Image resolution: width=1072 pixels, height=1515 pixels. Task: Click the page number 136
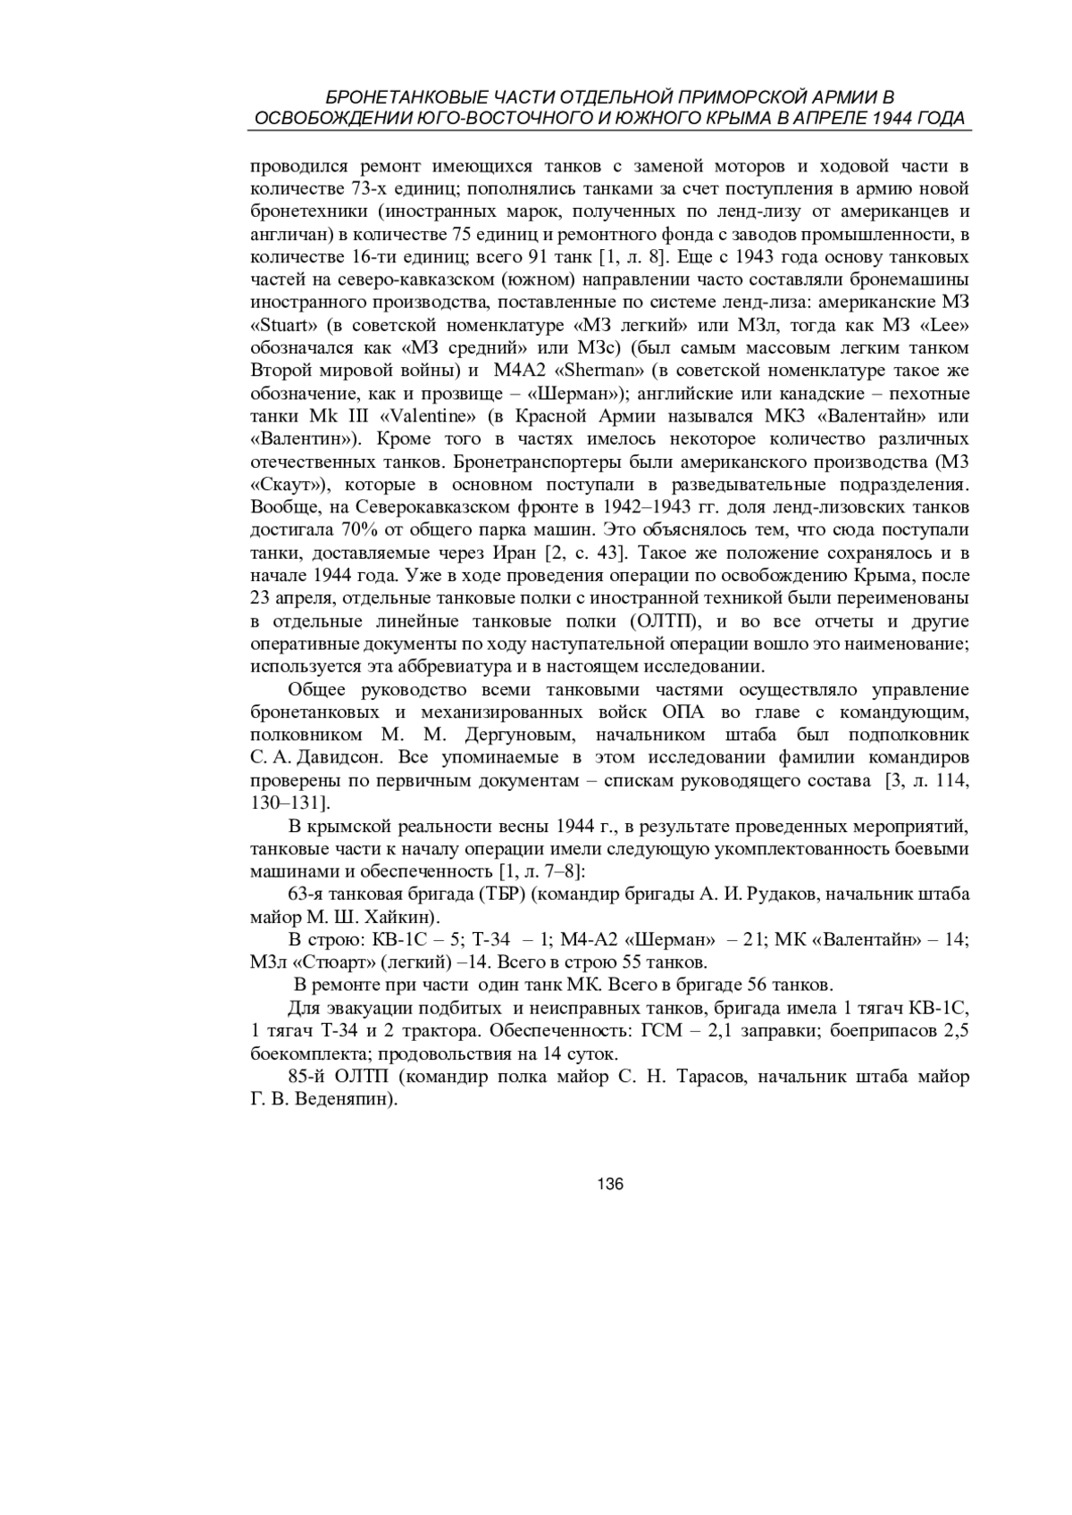[x=610, y=1185]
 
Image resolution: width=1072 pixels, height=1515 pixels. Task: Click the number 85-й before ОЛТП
[x=306, y=1077]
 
